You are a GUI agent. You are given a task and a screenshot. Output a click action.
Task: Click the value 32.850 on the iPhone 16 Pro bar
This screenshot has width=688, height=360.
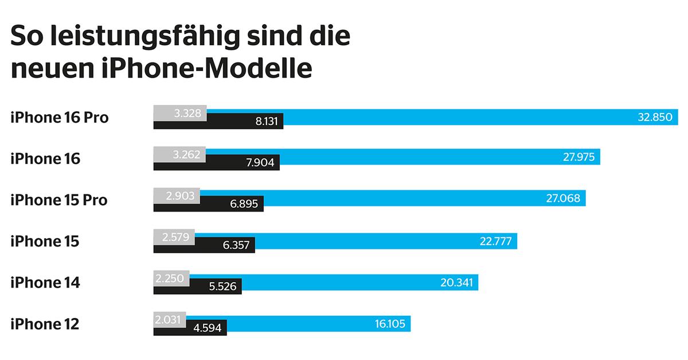(x=654, y=118)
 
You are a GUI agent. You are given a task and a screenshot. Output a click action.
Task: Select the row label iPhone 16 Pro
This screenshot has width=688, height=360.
(x=60, y=118)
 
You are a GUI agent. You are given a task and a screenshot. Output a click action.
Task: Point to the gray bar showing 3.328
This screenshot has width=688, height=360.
(x=180, y=113)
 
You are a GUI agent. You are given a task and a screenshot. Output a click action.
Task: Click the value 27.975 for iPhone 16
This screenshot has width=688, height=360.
(x=577, y=158)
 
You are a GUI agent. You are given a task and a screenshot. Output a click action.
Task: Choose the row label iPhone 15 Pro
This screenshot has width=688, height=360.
(x=59, y=200)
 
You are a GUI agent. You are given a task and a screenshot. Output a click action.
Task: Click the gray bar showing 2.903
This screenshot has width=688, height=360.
(x=177, y=195)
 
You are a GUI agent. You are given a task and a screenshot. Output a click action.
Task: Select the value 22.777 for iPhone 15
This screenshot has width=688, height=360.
(x=495, y=241)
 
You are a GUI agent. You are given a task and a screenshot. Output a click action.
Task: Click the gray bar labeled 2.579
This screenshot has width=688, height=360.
(x=174, y=237)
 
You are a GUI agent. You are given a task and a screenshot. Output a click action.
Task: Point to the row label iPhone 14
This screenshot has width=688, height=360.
(x=45, y=283)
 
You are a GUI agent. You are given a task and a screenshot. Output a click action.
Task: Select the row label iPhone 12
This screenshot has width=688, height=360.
(x=45, y=324)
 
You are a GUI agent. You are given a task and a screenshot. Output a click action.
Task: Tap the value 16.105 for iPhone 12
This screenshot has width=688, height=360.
(x=390, y=324)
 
